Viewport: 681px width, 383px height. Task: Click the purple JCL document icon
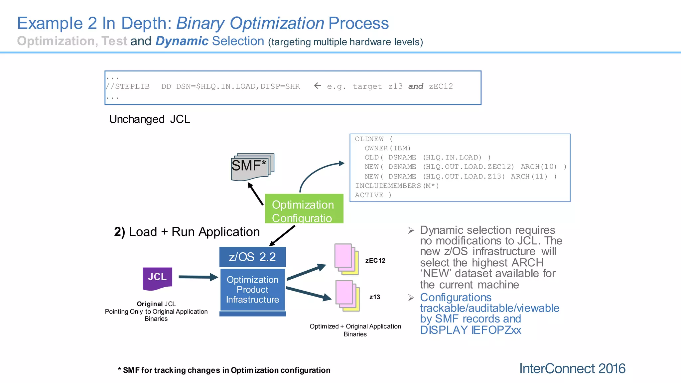(x=157, y=279)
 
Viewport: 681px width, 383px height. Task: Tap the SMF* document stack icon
(x=252, y=167)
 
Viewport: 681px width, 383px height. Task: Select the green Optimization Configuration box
(x=304, y=209)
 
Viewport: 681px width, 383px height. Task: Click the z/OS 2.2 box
(x=252, y=257)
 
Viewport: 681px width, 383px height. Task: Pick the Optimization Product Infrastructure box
(x=252, y=290)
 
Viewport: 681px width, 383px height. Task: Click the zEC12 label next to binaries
(x=375, y=261)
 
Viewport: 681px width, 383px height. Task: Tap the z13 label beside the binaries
(x=374, y=297)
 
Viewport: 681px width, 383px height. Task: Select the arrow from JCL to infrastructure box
(x=198, y=277)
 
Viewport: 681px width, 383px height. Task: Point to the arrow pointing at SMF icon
(x=255, y=194)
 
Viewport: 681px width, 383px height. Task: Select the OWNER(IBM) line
(x=387, y=148)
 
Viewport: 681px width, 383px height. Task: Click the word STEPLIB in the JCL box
(x=132, y=86)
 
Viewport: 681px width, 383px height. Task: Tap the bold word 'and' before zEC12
(x=416, y=86)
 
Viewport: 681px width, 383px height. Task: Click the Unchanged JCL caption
(x=150, y=119)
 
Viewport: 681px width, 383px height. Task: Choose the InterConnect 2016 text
(x=572, y=369)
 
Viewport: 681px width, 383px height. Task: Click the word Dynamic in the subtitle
(x=182, y=41)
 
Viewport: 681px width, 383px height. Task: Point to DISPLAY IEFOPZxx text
(x=470, y=330)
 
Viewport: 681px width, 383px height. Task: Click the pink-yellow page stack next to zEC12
(x=346, y=259)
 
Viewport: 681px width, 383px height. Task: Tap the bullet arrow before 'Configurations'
(x=411, y=298)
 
